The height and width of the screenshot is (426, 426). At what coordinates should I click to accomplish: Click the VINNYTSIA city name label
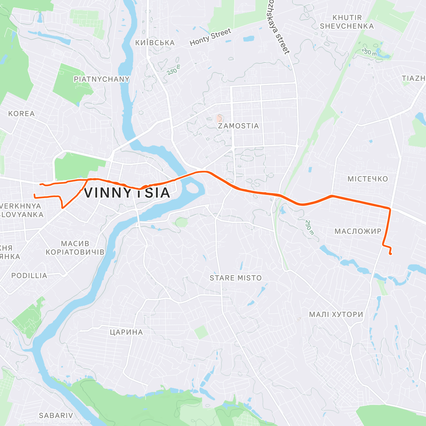[x=127, y=193]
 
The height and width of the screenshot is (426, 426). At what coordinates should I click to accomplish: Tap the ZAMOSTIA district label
[x=238, y=126]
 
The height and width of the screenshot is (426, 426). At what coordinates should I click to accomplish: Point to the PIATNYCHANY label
[x=102, y=79]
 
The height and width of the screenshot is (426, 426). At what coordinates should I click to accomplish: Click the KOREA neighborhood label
[x=21, y=114]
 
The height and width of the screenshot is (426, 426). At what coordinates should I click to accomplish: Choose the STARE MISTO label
[x=235, y=278]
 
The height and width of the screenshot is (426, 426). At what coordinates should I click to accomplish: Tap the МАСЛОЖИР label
[x=358, y=231]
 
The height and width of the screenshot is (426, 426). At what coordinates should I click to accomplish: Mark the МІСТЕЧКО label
[x=367, y=179]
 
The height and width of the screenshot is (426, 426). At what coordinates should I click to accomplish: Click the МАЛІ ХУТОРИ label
[x=336, y=315]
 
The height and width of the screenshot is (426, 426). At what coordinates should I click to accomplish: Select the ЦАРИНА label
[x=126, y=332]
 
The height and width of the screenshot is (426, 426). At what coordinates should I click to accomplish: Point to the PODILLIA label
[x=29, y=276]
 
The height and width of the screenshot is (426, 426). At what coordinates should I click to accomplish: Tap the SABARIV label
[x=56, y=415]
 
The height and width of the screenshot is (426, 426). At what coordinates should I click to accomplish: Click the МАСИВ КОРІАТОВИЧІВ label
[x=75, y=248]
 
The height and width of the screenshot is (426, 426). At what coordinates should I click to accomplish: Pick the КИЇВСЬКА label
[x=155, y=43]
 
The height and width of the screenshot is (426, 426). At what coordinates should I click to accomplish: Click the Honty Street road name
[x=210, y=37]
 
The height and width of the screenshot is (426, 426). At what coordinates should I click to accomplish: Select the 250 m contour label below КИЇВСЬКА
[x=174, y=69]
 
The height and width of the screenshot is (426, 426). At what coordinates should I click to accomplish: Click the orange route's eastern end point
[x=390, y=253]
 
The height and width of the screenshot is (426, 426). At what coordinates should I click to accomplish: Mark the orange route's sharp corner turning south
[x=390, y=208]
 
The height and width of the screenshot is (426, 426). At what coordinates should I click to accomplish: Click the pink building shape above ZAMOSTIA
[x=220, y=118]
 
